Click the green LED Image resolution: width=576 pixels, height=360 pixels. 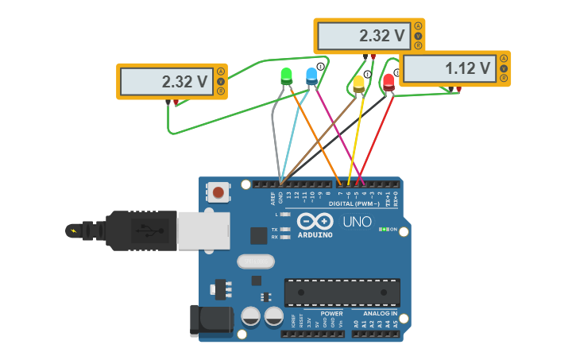tap(287, 75)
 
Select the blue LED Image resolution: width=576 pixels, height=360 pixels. tap(311, 75)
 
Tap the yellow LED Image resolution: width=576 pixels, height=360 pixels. tap(359, 82)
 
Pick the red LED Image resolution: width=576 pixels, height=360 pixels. tap(389, 80)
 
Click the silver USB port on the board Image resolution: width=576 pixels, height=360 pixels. tap(203, 230)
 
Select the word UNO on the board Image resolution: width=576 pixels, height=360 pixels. tap(357, 222)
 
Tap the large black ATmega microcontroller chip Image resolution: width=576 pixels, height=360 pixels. tap(342, 292)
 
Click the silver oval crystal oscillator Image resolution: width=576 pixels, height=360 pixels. tap(255, 261)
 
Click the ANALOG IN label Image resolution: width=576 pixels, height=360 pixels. tap(379, 314)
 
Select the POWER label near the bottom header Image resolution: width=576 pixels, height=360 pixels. tap(331, 314)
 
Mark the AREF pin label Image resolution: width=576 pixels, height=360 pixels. tap(273, 197)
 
